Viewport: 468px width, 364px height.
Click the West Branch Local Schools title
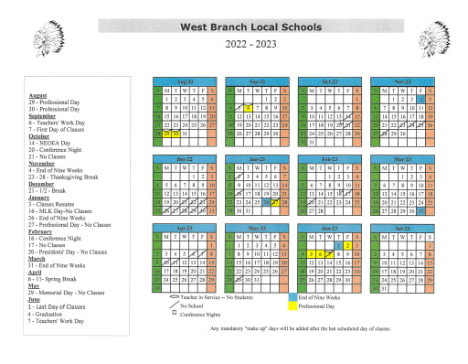(x=250, y=27)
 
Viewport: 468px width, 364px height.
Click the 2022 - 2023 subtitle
(x=250, y=44)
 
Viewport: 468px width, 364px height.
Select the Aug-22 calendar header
(x=185, y=80)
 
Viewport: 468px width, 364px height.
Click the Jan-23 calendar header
(x=257, y=158)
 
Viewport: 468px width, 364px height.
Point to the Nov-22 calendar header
(x=401, y=80)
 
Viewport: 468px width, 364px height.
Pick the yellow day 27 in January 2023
(x=275, y=202)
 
